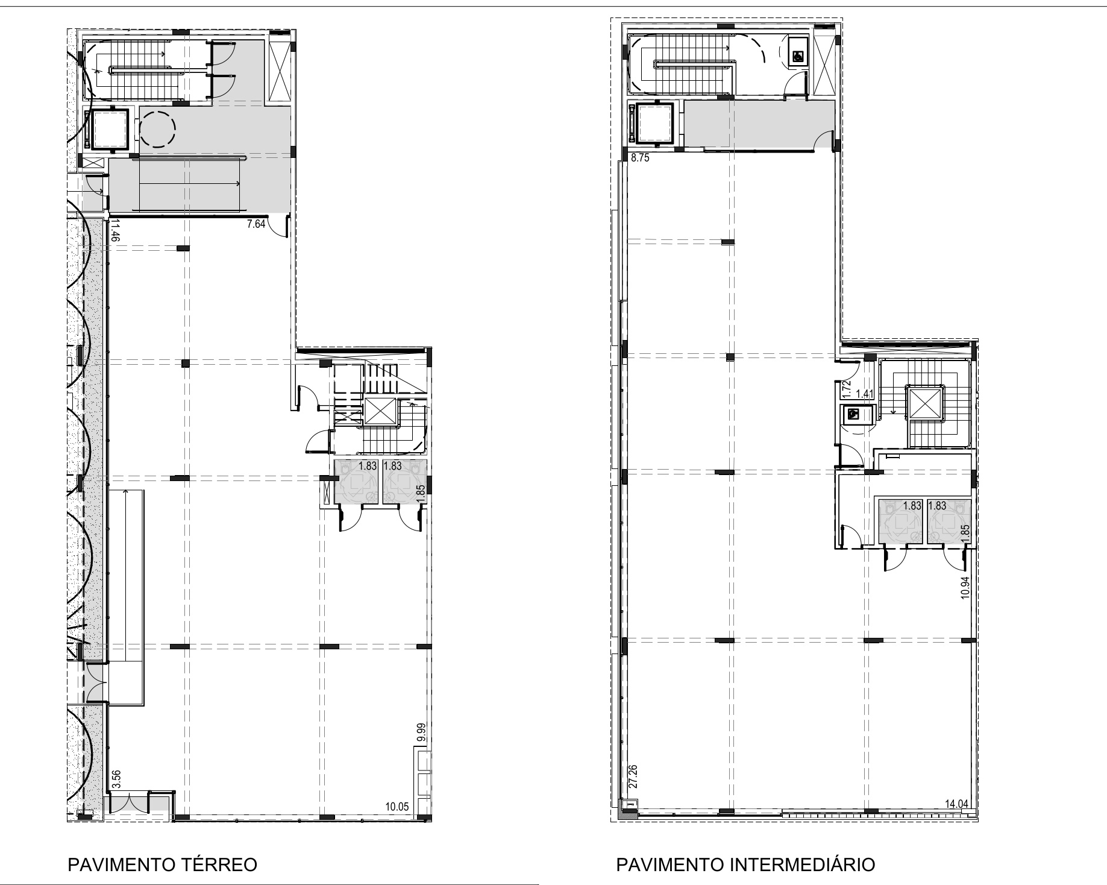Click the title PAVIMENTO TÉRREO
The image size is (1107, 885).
[163, 865]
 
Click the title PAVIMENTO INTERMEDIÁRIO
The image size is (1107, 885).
[745, 865]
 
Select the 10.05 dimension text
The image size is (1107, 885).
[398, 807]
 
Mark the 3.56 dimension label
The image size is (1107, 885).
[117, 778]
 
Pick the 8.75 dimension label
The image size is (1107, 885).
[640, 159]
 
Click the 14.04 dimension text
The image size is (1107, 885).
[957, 803]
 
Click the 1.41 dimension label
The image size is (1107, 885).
[865, 394]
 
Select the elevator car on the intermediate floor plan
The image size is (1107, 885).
[654, 123]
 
